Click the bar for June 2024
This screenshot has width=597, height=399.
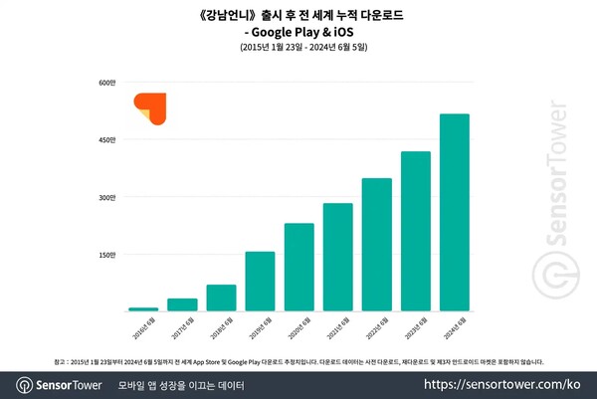pos(455,213)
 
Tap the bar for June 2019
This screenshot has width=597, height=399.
pos(260,282)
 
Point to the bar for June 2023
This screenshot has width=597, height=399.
pos(416,232)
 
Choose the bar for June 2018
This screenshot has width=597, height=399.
pos(221,299)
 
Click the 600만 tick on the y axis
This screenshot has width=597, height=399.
pos(107,83)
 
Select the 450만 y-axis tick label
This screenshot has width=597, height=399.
pos(107,140)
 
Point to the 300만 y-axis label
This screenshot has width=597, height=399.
pos(107,198)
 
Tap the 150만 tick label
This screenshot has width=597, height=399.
pos(107,255)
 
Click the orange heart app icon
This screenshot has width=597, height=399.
pos(152,108)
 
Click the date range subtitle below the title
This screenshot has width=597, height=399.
pos(299,48)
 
